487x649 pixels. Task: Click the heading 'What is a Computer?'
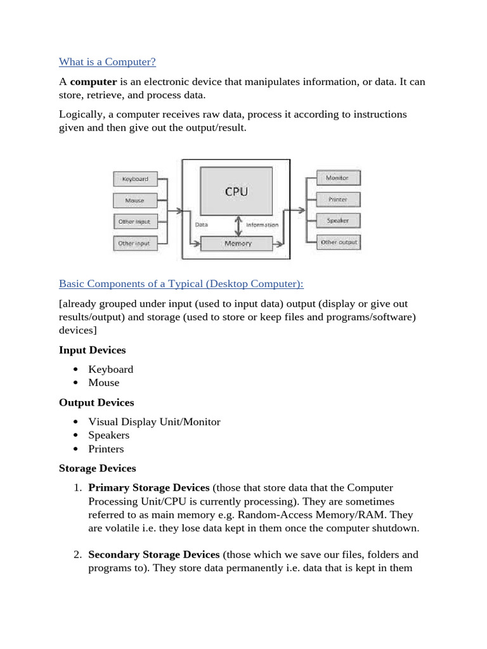(x=107, y=61)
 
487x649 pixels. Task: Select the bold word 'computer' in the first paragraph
(x=94, y=82)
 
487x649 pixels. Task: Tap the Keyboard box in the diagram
(x=134, y=179)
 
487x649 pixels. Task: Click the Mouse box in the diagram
(x=134, y=200)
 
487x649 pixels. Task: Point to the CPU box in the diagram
(x=236, y=191)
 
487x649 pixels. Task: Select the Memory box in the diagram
(x=236, y=243)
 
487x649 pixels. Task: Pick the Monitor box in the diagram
(x=337, y=178)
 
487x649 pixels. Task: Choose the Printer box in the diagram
(x=337, y=199)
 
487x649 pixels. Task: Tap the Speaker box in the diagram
(x=337, y=221)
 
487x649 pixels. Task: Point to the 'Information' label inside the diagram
(x=262, y=225)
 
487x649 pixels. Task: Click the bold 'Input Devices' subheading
(x=92, y=350)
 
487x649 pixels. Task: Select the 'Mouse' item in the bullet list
(x=104, y=383)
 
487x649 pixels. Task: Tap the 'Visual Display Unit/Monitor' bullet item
(x=154, y=421)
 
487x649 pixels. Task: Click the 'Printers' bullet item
(x=106, y=449)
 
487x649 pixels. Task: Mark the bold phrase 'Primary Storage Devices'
(x=148, y=487)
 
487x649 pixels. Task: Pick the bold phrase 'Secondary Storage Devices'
(x=153, y=554)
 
